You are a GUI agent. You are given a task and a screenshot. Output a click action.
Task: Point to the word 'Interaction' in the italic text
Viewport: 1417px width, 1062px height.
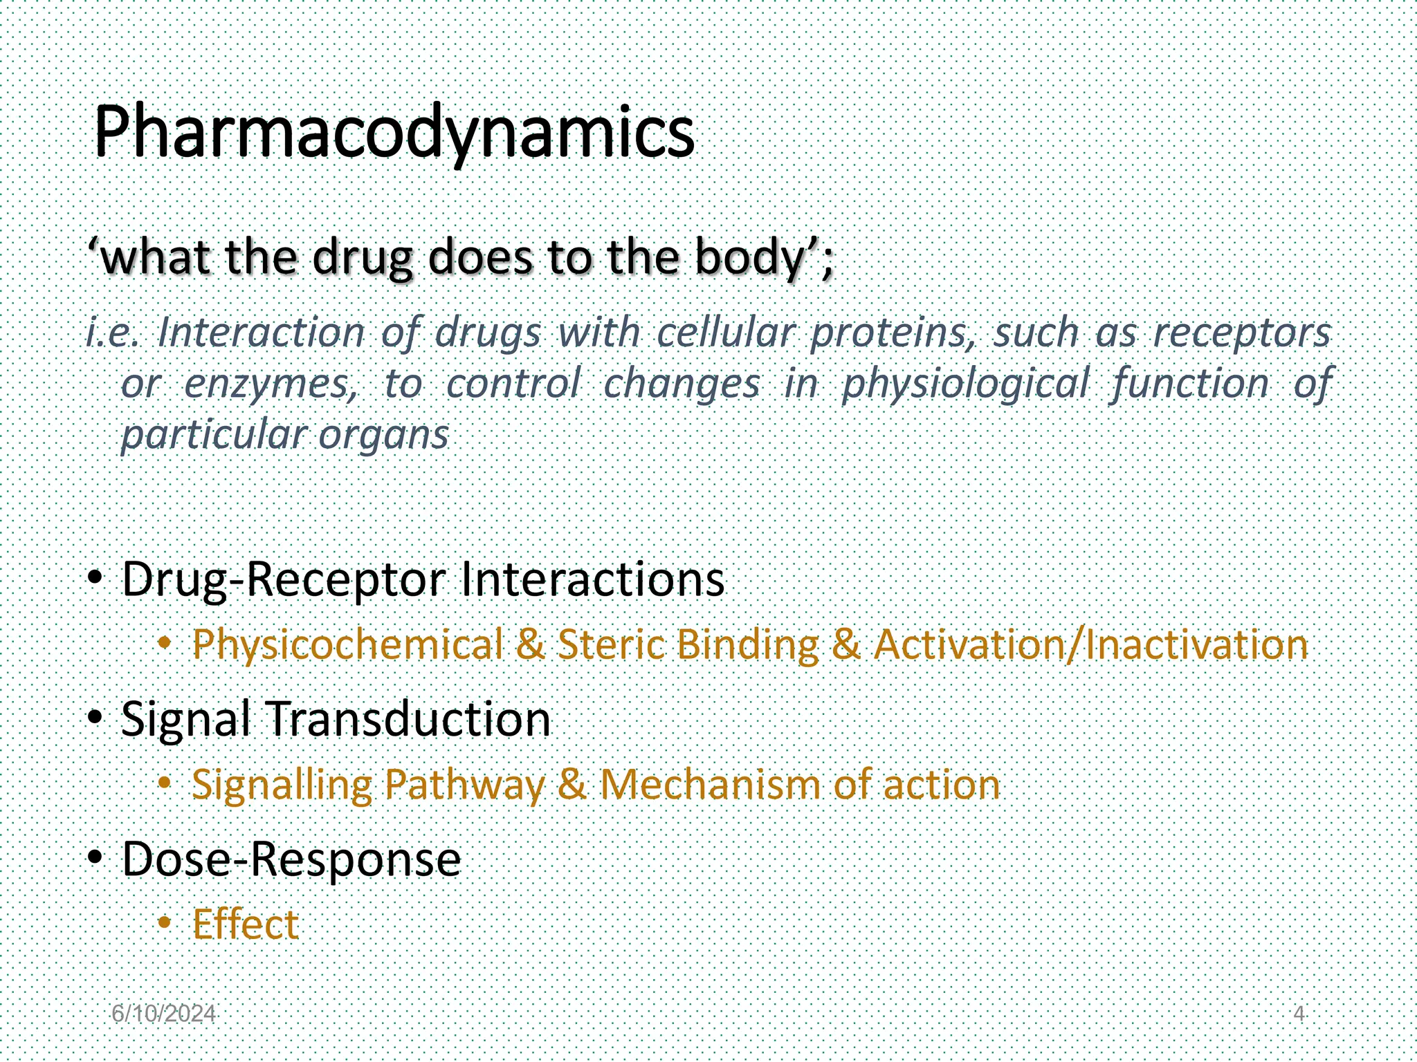point(261,333)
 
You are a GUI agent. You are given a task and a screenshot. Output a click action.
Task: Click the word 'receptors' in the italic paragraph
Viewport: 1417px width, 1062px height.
point(1242,333)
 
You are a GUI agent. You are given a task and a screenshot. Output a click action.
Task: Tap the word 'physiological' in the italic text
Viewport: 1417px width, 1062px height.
point(965,384)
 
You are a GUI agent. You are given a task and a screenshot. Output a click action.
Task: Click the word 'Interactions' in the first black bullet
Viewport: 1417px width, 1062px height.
point(592,579)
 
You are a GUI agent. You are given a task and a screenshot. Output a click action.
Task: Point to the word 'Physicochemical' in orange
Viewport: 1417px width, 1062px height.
point(347,645)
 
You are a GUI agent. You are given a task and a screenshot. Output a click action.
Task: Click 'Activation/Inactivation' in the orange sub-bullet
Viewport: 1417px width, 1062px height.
point(1090,645)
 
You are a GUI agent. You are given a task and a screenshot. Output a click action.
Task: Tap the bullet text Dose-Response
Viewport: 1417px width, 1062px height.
point(291,859)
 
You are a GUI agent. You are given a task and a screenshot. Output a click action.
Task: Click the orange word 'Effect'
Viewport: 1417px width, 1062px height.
point(245,924)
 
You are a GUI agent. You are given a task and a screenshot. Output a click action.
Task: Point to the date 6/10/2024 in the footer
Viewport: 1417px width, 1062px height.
point(163,1014)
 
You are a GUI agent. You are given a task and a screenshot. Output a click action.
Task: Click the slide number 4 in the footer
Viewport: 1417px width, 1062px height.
point(1299,1014)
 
